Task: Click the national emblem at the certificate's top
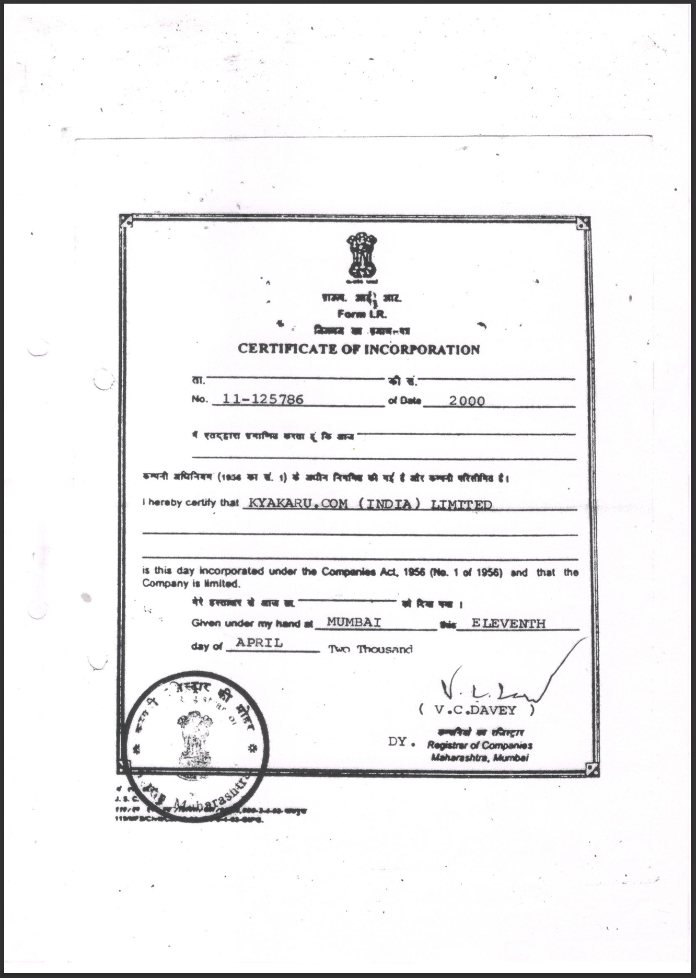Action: (362, 256)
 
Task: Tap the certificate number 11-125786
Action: (263, 400)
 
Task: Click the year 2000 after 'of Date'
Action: (467, 401)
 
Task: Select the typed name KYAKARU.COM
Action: (298, 503)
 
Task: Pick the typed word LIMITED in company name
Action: (461, 505)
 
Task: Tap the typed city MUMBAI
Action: (354, 622)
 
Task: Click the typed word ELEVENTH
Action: (508, 623)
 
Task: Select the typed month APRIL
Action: (259, 643)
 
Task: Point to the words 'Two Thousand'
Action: (370, 649)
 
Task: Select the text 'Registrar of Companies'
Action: (480, 746)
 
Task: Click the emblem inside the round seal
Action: (195, 737)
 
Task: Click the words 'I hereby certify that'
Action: (190, 503)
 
